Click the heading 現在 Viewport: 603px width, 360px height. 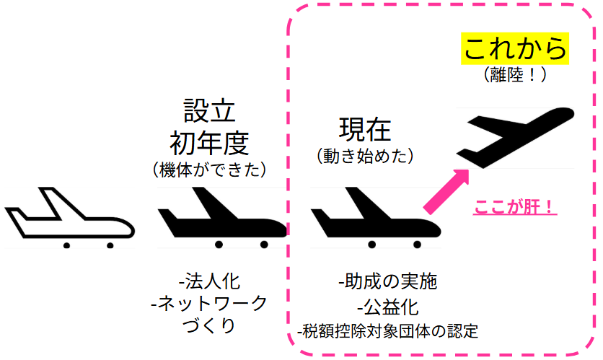[365, 130]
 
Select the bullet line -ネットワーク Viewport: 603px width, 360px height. [209, 303]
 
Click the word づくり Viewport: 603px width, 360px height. [209, 326]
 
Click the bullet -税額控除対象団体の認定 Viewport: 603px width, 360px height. [387, 332]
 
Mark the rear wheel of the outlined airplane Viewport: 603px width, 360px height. [66, 245]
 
